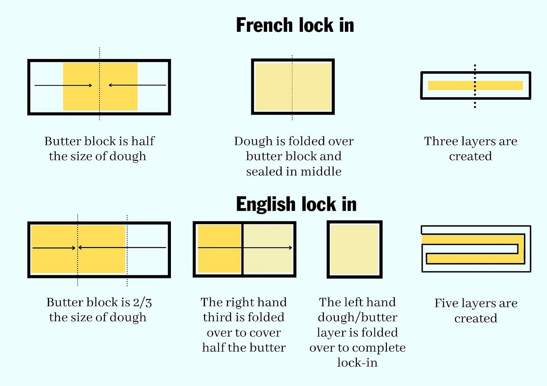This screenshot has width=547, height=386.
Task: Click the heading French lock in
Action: (295, 25)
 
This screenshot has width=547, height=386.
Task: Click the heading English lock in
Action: (296, 204)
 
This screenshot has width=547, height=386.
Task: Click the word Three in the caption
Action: (441, 141)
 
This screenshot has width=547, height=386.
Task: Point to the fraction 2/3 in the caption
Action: (142, 303)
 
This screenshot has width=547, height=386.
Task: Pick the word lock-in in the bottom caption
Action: (357, 363)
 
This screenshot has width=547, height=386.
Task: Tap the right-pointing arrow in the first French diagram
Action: (63, 86)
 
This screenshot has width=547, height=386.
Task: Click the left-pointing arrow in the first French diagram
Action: (138, 85)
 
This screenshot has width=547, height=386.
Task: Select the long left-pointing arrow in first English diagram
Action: (122, 248)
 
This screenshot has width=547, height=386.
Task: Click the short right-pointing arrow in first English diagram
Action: (54, 248)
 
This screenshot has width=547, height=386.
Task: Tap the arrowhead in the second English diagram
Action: (291, 248)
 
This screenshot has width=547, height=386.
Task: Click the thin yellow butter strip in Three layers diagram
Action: (476, 86)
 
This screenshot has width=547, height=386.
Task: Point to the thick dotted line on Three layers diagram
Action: (475, 86)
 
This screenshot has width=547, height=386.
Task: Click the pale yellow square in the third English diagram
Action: (354, 249)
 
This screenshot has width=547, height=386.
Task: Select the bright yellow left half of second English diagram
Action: (219, 249)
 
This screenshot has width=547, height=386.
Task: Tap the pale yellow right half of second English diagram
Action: (268, 249)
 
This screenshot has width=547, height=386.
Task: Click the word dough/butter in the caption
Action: (358, 318)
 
